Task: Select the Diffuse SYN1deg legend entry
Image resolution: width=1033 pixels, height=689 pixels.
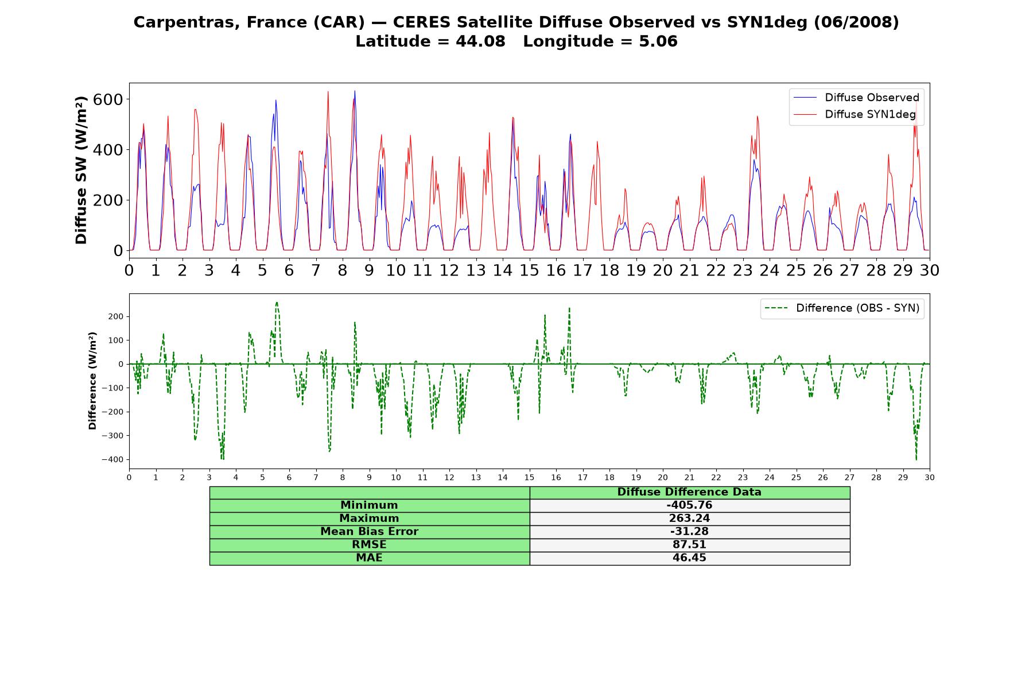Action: coord(855,114)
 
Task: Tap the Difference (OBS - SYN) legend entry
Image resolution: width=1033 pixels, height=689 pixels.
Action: coord(842,308)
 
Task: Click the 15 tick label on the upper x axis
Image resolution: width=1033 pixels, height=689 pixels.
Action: coord(529,270)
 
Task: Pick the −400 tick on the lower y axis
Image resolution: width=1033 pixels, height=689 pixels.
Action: coord(113,459)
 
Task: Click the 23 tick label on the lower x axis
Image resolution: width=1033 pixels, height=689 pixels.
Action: coord(743,478)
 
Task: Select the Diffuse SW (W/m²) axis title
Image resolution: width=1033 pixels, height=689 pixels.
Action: coord(81,170)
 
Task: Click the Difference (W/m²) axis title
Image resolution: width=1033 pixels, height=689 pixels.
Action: coord(93,381)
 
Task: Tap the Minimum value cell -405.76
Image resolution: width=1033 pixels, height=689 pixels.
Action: coord(689,505)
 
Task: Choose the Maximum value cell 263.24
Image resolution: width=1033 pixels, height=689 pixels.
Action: coord(689,518)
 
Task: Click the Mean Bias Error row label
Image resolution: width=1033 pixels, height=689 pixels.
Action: coord(369,532)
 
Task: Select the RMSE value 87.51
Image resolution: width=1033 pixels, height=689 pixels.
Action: coord(689,545)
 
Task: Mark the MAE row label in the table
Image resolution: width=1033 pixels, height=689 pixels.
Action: coord(369,558)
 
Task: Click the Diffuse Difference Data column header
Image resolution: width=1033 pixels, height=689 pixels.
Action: coord(689,492)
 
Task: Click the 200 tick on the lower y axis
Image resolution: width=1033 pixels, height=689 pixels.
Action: coord(116,316)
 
